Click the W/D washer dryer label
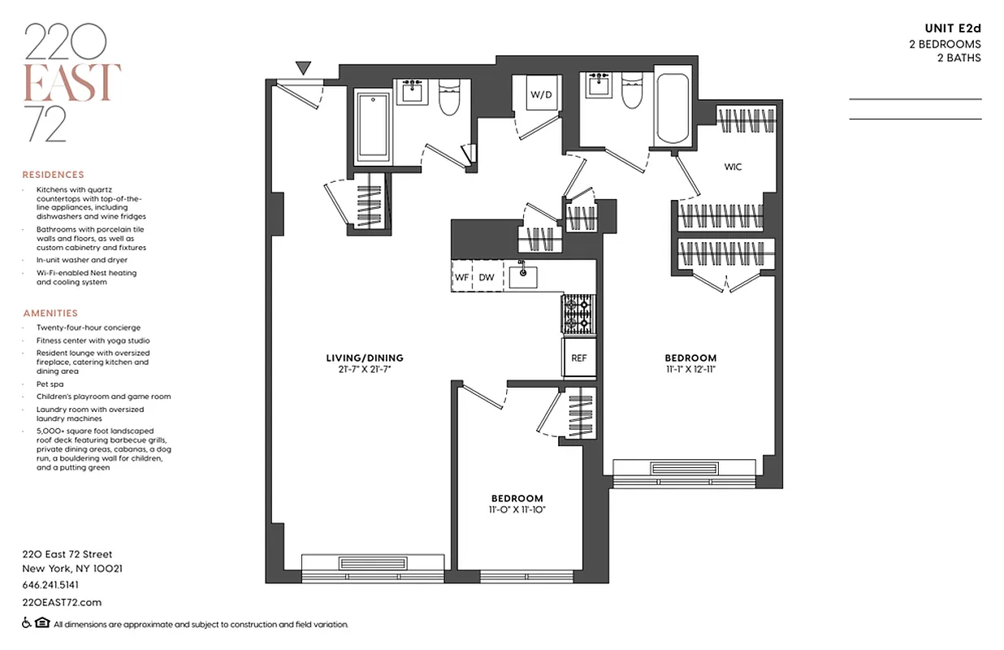click(x=541, y=95)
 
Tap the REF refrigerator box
click(x=578, y=357)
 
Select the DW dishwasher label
click(x=486, y=277)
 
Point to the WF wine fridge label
click(x=461, y=277)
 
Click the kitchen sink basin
click(x=524, y=275)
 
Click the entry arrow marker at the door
click(x=303, y=68)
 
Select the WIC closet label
click(x=733, y=167)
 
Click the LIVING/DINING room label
click(x=364, y=357)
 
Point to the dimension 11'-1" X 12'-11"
click(x=690, y=369)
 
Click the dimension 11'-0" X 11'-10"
click(x=517, y=509)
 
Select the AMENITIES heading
click(x=50, y=313)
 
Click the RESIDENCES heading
click(x=53, y=175)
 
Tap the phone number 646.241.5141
click(x=50, y=585)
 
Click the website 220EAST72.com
click(x=62, y=602)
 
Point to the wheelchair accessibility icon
click(x=27, y=624)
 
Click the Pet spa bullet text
click(x=50, y=383)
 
